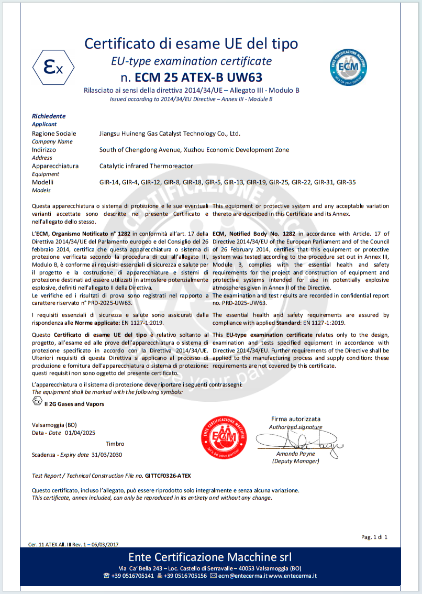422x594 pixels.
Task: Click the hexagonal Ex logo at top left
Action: pyautogui.click(x=53, y=68)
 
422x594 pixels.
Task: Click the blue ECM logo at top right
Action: pyautogui.click(x=347, y=65)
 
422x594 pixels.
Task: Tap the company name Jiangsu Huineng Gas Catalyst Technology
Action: pyautogui.click(x=170, y=134)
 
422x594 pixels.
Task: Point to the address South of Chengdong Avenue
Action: pyautogui.click(x=194, y=150)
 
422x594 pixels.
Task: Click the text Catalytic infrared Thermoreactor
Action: pyautogui.click(x=146, y=166)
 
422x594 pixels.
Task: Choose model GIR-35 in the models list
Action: pyautogui.click(x=346, y=182)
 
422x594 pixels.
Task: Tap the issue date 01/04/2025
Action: pyautogui.click(x=81, y=433)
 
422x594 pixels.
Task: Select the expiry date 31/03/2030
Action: pyautogui.click(x=107, y=455)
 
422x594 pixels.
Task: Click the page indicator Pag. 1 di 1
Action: pyautogui.click(x=374, y=537)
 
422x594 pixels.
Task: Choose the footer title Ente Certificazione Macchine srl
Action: pyautogui.click(x=210, y=557)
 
